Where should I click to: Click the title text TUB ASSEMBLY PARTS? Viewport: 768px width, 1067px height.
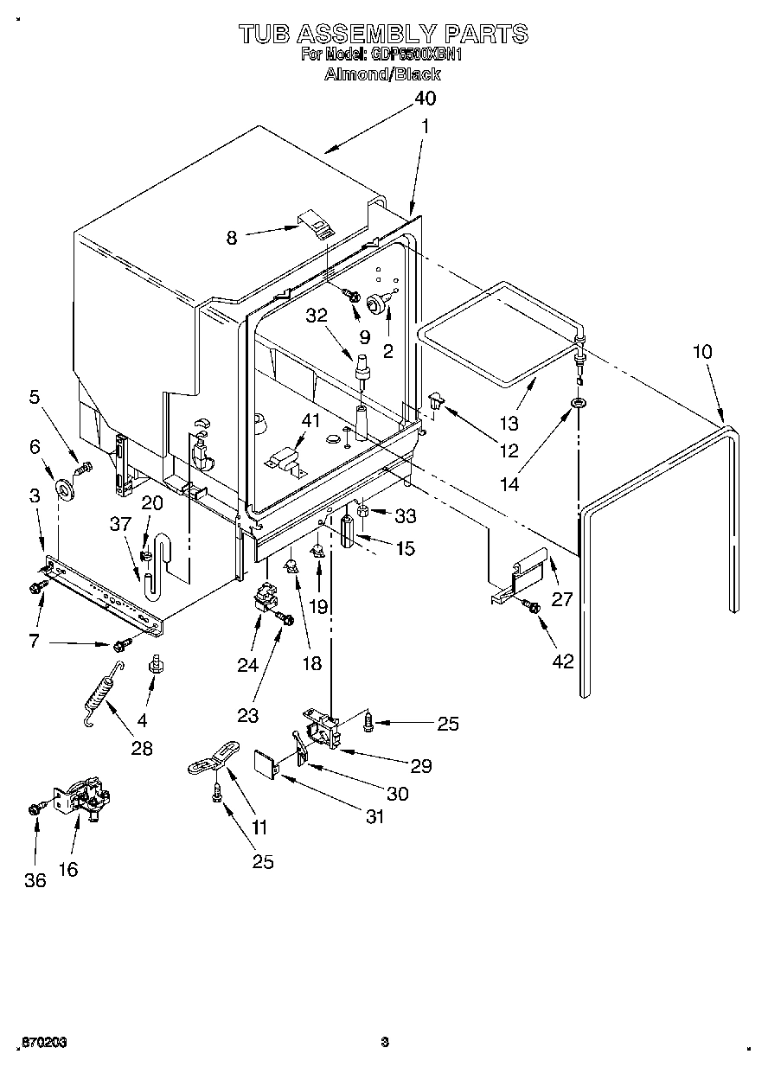(382, 34)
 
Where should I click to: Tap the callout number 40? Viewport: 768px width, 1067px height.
(424, 98)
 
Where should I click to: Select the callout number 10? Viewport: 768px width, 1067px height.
(703, 352)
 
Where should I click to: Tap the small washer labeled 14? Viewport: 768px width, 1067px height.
(578, 404)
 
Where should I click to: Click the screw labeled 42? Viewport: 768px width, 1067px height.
(533, 609)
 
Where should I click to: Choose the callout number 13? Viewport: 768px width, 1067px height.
(509, 423)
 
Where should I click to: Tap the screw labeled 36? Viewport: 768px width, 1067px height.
(35, 808)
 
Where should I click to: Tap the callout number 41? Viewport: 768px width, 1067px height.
(310, 421)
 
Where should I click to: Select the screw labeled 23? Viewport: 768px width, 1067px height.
(284, 618)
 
